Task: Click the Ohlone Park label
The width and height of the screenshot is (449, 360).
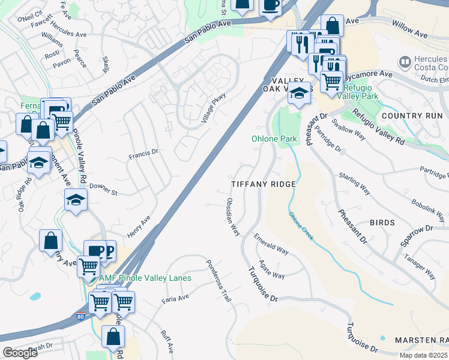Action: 274,139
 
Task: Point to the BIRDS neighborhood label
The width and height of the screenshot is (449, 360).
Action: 382,223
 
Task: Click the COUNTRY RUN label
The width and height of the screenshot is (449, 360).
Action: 411,115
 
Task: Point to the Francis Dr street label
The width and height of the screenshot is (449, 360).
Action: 143,155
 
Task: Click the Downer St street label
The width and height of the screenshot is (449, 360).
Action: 103,189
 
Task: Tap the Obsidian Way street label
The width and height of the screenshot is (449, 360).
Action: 233,216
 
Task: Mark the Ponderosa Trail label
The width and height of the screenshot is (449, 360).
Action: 218,281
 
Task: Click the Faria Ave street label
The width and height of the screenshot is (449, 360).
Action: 175,298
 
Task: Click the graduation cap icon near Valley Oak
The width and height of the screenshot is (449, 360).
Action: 300,93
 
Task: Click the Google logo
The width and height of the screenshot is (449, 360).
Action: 20,353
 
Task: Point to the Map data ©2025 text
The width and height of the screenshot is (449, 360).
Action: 423,355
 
